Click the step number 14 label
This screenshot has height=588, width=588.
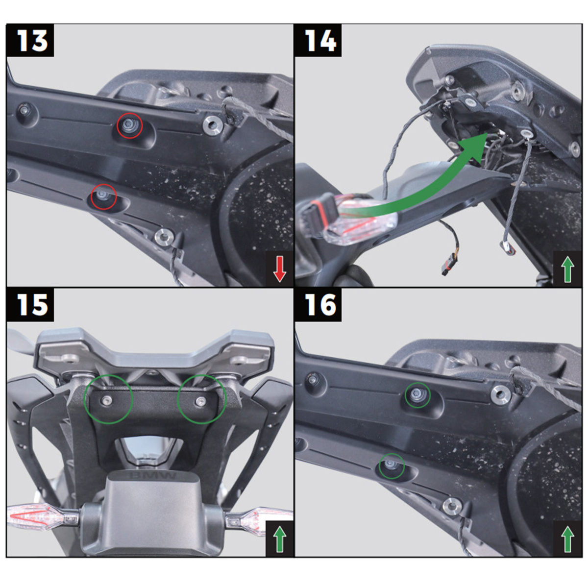pyautogui.click(x=320, y=40)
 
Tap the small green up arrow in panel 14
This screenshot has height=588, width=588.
pyautogui.click(x=567, y=269)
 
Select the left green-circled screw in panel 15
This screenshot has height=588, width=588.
pyautogui.click(x=107, y=400)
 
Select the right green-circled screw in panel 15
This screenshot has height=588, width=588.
pyautogui.click(x=200, y=400)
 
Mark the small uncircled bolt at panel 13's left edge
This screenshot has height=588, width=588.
pyautogui.click(x=24, y=109)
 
